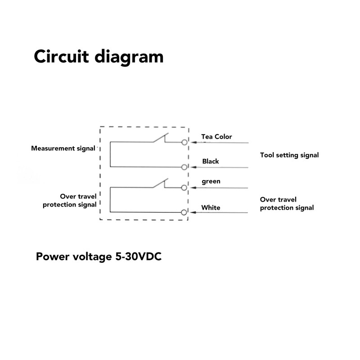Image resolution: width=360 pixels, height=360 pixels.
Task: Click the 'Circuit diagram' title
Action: (99, 57)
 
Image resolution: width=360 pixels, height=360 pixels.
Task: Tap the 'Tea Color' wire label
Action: (216, 136)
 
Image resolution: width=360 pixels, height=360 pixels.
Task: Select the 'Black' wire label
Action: (211, 161)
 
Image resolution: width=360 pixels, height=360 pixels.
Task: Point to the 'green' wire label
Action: (211, 181)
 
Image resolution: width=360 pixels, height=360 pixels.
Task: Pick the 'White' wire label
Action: (211, 207)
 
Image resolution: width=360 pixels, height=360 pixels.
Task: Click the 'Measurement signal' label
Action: (63, 148)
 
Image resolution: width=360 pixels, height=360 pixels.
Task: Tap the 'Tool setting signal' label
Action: (289, 155)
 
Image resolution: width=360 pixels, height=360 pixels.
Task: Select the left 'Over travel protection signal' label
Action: (69, 200)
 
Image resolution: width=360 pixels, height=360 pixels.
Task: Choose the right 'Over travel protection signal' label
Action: (287, 203)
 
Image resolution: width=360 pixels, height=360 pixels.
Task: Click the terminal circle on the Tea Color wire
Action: (184, 143)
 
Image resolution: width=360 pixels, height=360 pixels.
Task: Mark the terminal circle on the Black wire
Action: (184, 167)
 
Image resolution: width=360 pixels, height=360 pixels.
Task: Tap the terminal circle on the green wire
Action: (184, 187)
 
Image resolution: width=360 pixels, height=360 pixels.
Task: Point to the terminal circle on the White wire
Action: (184, 211)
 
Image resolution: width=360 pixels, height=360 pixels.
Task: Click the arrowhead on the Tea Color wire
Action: (195, 143)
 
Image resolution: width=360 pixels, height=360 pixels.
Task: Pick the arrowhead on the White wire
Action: (195, 211)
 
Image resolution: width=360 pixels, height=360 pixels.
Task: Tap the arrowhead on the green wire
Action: (195, 187)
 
